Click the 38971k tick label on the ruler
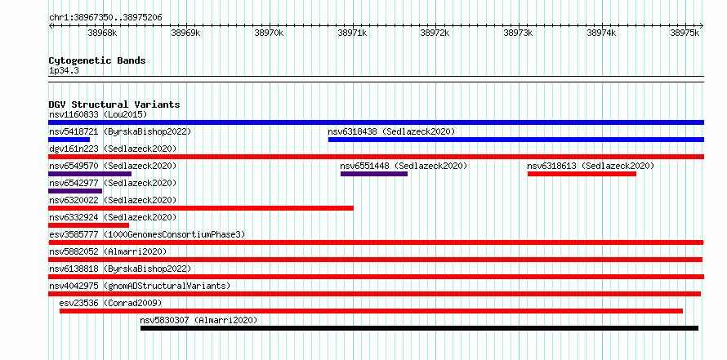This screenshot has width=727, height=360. pyautogui.click(x=352, y=33)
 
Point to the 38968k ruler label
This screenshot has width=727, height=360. pyautogui.click(x=102, y=33)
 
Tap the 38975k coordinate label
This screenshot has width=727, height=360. pyautogui.click(x=685, y=33)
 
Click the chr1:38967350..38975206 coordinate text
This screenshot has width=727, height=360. pyautogui.click(x=105, y=18)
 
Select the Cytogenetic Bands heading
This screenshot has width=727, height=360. pyautogui.click(x=97, y=60)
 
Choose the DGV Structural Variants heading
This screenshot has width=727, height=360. pyautogui.click(x=114, y=104)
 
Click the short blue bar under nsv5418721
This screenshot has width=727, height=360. pyautogui.click(x=69, y=140)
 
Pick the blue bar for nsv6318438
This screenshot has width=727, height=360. pyautogui.click(x=516, y=140)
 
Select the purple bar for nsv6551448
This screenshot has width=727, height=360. pyautogui.click(x=374, y=174)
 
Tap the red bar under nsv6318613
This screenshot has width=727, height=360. pyautogui.click(x=582, y=174)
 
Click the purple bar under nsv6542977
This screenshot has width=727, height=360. pyautogui.click(x=75, y=191)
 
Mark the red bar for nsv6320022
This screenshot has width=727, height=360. pyautogui.click(x=201, y=208)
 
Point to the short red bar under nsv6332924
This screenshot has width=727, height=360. pyautogui.click(x=88, y=225)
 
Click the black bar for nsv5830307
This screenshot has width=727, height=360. pyautogui.click(x=419, y=328)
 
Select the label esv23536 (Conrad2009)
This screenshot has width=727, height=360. pyautogui.click(x=110, y=304)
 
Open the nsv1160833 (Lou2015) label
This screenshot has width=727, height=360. pyautogui.click(x=98, y=114)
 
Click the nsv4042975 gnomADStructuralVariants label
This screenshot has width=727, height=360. pyautogui.click(x=140, y=286)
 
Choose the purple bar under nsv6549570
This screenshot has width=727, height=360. pyautogui.click(x=90, y=174)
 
